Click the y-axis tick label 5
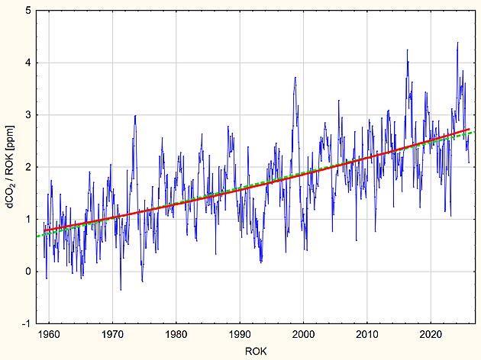(28, 11)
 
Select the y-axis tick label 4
(28, 63)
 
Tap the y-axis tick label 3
(28, 115)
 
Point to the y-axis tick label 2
(28, 167)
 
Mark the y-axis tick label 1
(28, 219)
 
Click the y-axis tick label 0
(28, 272)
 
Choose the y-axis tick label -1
(27, 323)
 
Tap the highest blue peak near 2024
(457, 43)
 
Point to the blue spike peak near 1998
(295, 77)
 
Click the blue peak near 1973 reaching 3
(135, 115)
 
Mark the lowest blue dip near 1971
(121, 290)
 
